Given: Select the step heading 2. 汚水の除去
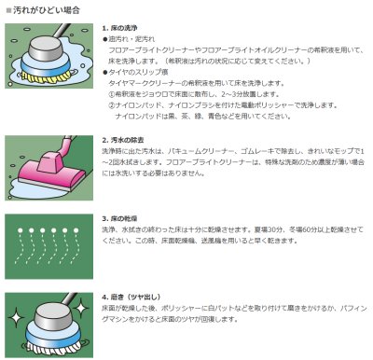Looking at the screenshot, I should pyautogui.click(x=127, y=138).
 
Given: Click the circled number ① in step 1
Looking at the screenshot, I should pyautogui.click(x=115, y=94).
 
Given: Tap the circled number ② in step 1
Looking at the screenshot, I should pyautogui.click(x=115, y=104).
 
